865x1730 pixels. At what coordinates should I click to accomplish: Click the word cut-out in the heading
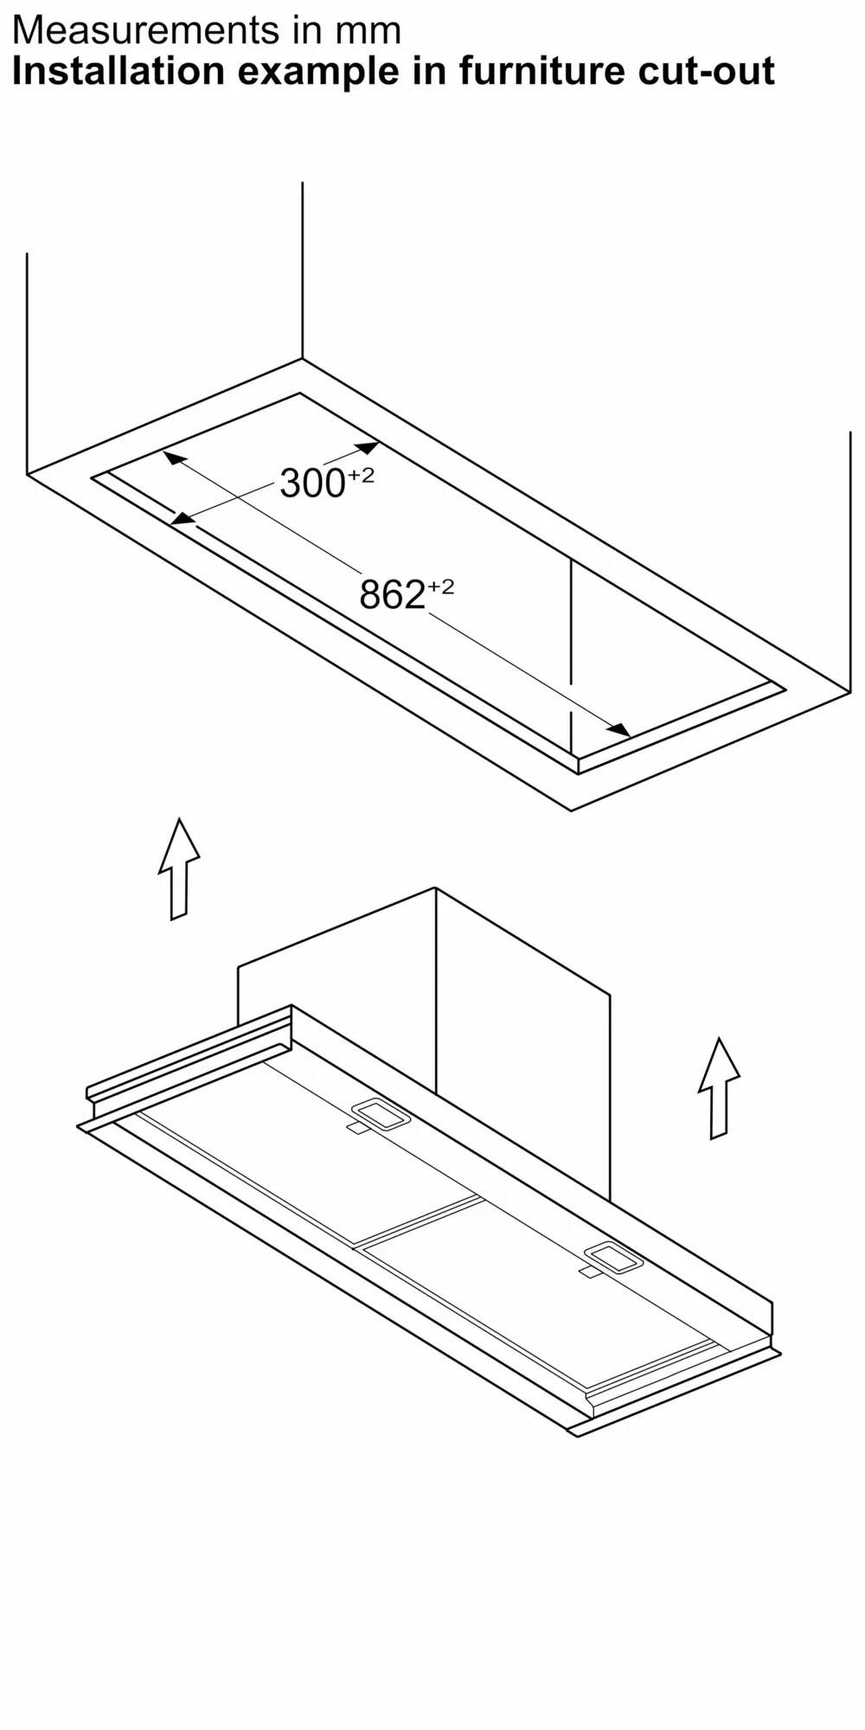(706, 71)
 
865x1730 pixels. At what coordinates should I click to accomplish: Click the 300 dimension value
(312, 484)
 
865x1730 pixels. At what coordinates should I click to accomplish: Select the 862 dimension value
(392, 595)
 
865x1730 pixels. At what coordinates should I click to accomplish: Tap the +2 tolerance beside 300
(361, 475)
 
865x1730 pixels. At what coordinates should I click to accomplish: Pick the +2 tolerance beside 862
(440, 586)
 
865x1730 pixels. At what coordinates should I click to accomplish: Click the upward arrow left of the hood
(179, 868)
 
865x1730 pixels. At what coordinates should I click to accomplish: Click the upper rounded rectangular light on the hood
(380, 1114)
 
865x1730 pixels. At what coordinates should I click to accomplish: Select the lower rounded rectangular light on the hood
(613, 1258)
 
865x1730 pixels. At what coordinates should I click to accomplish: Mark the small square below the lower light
(589, 1272)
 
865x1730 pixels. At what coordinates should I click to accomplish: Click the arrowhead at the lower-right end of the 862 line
(619, 729)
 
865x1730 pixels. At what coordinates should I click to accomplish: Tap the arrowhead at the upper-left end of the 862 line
(174, 458)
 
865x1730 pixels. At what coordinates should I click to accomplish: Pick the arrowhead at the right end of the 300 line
(368, 448)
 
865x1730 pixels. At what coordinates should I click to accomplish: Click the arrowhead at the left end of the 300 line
(181, 519)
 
